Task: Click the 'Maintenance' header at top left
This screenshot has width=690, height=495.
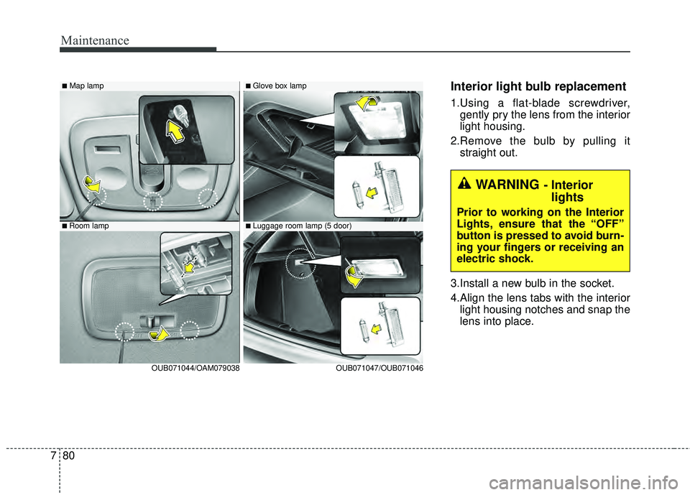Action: (95, 40)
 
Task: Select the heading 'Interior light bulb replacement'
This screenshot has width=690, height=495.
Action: (533, 86)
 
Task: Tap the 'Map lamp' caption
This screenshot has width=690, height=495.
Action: (86, 85)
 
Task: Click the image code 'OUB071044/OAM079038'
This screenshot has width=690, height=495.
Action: (195, 367)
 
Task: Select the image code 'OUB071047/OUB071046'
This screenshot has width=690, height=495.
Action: (379, 367)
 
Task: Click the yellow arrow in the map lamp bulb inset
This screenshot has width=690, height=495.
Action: (175, 131)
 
